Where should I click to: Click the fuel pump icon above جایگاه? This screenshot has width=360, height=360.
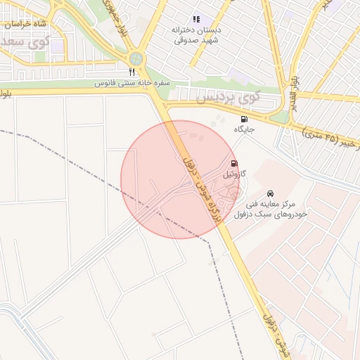point(244,119)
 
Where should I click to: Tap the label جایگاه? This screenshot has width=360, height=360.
point(244,130)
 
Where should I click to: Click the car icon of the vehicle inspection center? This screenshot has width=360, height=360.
point(271,193)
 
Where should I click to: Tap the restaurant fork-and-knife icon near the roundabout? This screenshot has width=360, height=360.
point(131,72)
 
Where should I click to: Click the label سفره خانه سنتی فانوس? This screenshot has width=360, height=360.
point(134,83)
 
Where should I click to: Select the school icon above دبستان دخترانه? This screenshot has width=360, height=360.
point(195,19)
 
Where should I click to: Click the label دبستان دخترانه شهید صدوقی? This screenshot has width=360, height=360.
point(195,35)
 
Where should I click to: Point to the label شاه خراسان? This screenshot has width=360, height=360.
point(25,24)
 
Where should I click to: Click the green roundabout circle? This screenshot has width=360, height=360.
point(136,59)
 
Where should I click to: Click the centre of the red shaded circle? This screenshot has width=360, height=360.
point(180,180)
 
